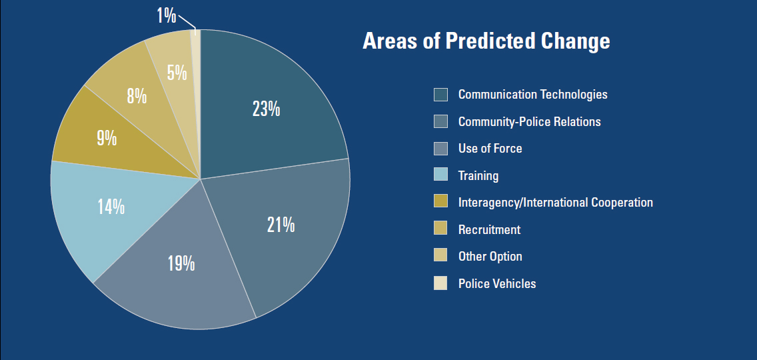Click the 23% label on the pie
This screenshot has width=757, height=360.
[x=266, y=109]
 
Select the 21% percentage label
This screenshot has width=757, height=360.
[x=281, y=225]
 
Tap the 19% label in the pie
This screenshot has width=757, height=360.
[x=181, y=263]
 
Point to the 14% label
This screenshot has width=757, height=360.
[x=111, y=207]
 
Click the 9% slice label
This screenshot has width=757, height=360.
[x=107, y=138]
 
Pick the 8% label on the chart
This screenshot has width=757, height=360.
[x=137, y=97]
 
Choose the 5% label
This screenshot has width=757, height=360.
[x=177, y=72]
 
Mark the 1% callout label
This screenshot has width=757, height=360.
[x=166, y=15]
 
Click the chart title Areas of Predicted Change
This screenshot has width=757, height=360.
[x=486, y=41]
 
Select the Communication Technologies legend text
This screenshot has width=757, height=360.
[x=532, y=95]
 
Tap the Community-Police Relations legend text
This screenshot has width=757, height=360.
[x=529, y=122]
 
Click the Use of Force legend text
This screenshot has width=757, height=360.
[x=490, y=149]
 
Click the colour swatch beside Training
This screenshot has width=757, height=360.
[x=440, y=176]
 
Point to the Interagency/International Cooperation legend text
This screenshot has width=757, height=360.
[x=555, y=203]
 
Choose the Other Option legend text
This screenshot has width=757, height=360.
[x=490, y=257]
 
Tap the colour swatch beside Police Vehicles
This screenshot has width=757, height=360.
[x=440, y=284]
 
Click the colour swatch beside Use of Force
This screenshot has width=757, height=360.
[x=440, y=149]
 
